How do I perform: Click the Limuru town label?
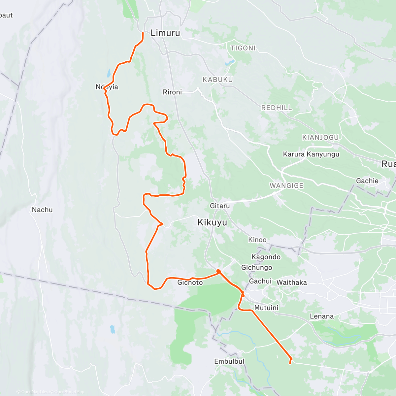point(165,33)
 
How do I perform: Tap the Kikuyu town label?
point(212,222)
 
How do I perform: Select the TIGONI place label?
point(243,48)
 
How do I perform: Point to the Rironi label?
point(172,92)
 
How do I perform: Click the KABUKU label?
point(218,80)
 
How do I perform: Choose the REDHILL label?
point(277,108)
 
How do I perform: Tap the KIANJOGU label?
point(320,137)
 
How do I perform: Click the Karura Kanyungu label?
point(311,154)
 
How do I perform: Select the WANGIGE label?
point(286,185)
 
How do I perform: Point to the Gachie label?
point(367,181)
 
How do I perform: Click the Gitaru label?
point(220,206)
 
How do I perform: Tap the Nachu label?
point(42,210)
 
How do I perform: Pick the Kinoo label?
point(257,240)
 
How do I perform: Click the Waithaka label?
point(291,282)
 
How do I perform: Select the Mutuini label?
point(266,308)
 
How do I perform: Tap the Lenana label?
point(321,316)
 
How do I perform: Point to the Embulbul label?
point(229,361)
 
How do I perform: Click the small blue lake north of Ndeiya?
point(109,72)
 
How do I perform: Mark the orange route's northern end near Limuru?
point(143,33)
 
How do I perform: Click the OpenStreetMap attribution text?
point(69,392)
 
